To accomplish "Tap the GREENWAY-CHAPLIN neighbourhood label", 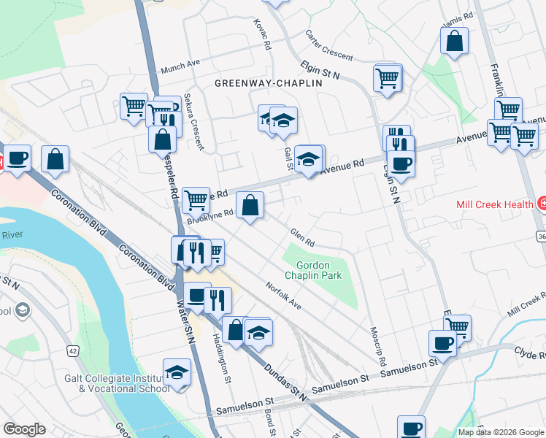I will click(269, 84).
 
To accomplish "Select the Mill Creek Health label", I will click(493, 204).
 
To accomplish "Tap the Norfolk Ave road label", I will click(283, 295).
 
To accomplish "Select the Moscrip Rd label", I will click(377, 346).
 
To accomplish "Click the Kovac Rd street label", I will click(263, 34).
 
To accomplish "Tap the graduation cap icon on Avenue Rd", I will click(309, 159).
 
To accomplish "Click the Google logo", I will click(24, 429).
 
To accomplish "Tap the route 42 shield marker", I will click(72, 350).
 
